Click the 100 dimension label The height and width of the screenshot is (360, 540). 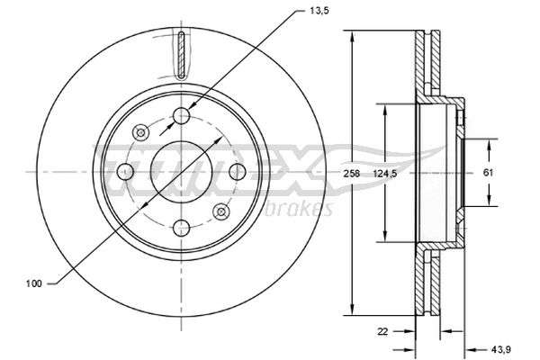(34, 283)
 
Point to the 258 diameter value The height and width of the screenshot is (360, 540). (351, 174)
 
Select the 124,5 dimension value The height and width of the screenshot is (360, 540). (385, 174)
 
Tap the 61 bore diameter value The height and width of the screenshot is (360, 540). (488, 173)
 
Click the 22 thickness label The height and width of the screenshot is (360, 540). (382, 331)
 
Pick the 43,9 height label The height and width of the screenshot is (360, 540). (501, 350)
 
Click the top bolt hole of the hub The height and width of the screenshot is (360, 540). (182, 116)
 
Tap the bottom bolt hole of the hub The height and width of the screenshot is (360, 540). (182, 228)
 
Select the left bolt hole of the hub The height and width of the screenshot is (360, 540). (125, 172)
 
